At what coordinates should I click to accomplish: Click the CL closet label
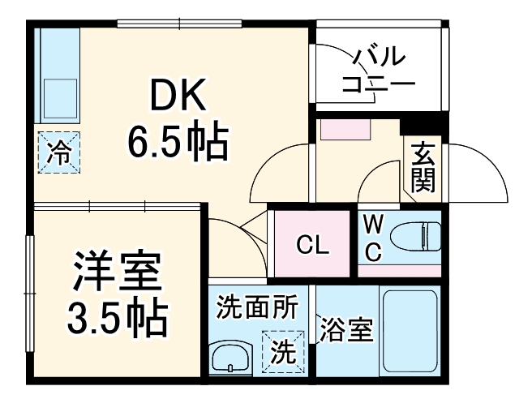coord(311,245)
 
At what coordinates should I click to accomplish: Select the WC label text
coord(372,237)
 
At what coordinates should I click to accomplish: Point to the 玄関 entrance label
coord(422,168)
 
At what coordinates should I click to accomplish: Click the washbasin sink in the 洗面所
coord(232,356)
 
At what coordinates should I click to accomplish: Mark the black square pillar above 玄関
coord(422,128)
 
